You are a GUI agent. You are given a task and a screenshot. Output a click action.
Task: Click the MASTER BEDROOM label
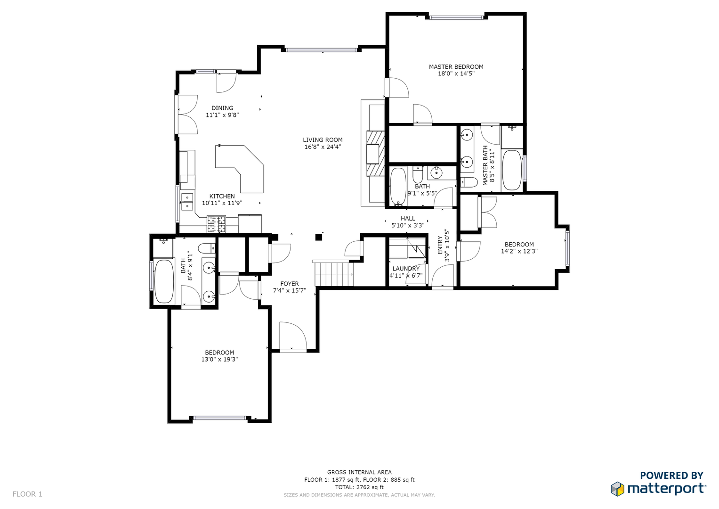(456, 67)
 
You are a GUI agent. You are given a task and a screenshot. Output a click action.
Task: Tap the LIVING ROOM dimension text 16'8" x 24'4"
(323, 147)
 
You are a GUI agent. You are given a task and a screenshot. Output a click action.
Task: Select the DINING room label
(222, 108)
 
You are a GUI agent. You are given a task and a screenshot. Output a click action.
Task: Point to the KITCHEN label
(222, 197)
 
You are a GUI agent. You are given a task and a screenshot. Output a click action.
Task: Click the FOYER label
(290, 284)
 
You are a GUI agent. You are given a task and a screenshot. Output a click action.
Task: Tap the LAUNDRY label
(406, 269)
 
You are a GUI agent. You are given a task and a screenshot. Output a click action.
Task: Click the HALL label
(408, 219)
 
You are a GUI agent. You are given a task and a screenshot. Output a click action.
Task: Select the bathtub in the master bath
(512, 170)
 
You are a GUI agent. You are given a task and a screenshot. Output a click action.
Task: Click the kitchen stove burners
(216, 224)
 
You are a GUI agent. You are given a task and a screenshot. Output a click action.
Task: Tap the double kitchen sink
(187, 201)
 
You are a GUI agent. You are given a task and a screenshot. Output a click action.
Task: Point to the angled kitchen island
(240, 169)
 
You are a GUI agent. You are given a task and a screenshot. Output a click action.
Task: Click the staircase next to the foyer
(334, 273)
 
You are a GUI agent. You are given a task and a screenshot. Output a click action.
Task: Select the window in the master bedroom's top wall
(456, 18)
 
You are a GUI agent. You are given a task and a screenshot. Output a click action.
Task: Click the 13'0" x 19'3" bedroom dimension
(219, 359)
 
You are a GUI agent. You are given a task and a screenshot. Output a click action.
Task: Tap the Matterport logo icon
(617, 489)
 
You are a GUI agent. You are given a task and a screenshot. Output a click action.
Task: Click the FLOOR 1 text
(27, 494)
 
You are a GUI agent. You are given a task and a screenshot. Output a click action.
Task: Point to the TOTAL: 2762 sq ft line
(359, 487)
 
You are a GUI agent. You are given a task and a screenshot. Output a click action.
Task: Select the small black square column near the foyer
(318, 238)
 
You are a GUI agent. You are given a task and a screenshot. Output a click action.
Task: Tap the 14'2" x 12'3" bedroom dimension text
(519, 251)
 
